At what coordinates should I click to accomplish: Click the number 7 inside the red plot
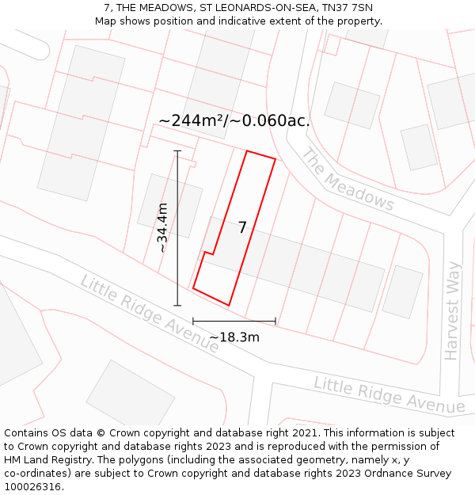pyautogui.click(x=242, y=227)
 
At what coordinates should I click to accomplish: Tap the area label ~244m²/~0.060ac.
pyautogui.click(x=234, y=120)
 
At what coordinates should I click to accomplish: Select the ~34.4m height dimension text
pyautogui.click(x=162, y=227)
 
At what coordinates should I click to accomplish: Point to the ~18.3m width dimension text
pyautogui.click(x=234, y=337)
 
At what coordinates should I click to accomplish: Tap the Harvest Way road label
pyautogui.click(x=452, y=310)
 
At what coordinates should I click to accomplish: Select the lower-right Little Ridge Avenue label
pyautogui.click(x=389, y=394)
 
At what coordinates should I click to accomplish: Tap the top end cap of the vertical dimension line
pyautogui.click(x=177, y=150)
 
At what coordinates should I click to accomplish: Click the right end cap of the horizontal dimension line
pyautogui.click(x=275, y=321)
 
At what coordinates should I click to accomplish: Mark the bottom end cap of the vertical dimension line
pyautogui.click(x=177, y=305)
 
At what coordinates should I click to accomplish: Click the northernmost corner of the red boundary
pyautogui.click(x=248, y=150)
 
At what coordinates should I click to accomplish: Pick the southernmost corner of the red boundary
pyautogui.click(x=229, y=305)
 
